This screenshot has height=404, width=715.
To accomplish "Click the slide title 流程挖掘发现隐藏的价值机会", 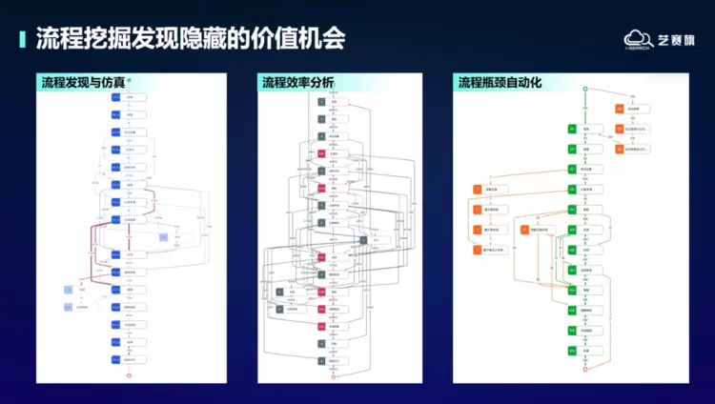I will tap(190, 38).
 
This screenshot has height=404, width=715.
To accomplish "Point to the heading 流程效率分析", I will tap(297, 83).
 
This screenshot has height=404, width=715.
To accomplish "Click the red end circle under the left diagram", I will tap(117, 376).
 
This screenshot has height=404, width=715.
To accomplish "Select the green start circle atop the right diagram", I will tap(584, 89).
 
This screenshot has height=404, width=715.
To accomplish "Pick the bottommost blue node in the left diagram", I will tap(116, 359).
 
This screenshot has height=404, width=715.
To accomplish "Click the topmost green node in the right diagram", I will tap(572, 128).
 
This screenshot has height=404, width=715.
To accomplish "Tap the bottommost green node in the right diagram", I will tap(572, 351).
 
